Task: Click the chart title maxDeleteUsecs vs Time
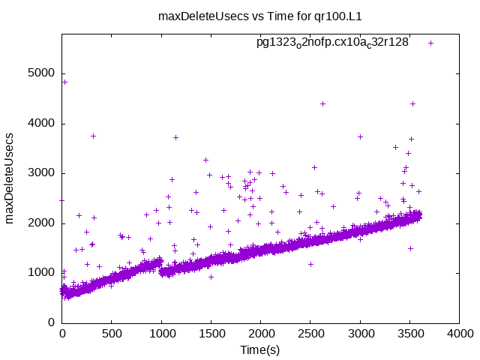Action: pos(239,15)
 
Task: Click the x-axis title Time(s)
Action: pos(259,350)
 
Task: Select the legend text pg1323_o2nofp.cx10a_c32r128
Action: pos(332,43)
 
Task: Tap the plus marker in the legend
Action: pos(431,43)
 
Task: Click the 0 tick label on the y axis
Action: pos(52,322)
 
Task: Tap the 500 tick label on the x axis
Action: pos(112,335)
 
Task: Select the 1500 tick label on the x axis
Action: pos(211,335)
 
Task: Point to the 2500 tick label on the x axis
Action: pos(310,335)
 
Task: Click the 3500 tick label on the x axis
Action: pos(409,335)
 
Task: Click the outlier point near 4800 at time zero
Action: pos(64,82)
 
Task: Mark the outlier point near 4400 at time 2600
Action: pos(322,103)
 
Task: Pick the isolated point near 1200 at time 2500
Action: pos(310,264)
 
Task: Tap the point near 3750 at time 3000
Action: pos(360,136)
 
